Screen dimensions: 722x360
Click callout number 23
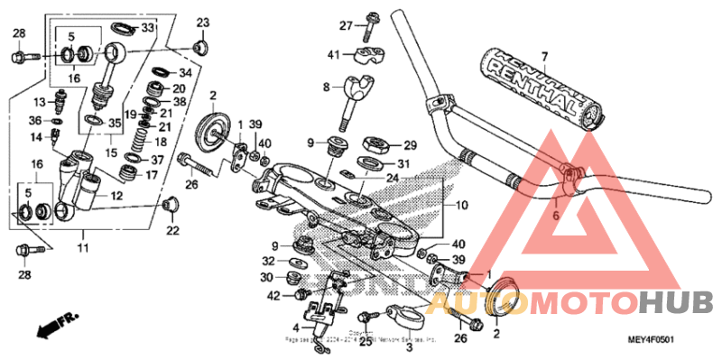point(202,22)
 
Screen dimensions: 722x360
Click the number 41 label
point(334,55)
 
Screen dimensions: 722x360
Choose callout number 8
point(327,87)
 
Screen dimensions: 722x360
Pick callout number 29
point(410,145)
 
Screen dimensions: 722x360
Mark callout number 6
point(556,216)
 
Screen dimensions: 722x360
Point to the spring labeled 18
point(139,141)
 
